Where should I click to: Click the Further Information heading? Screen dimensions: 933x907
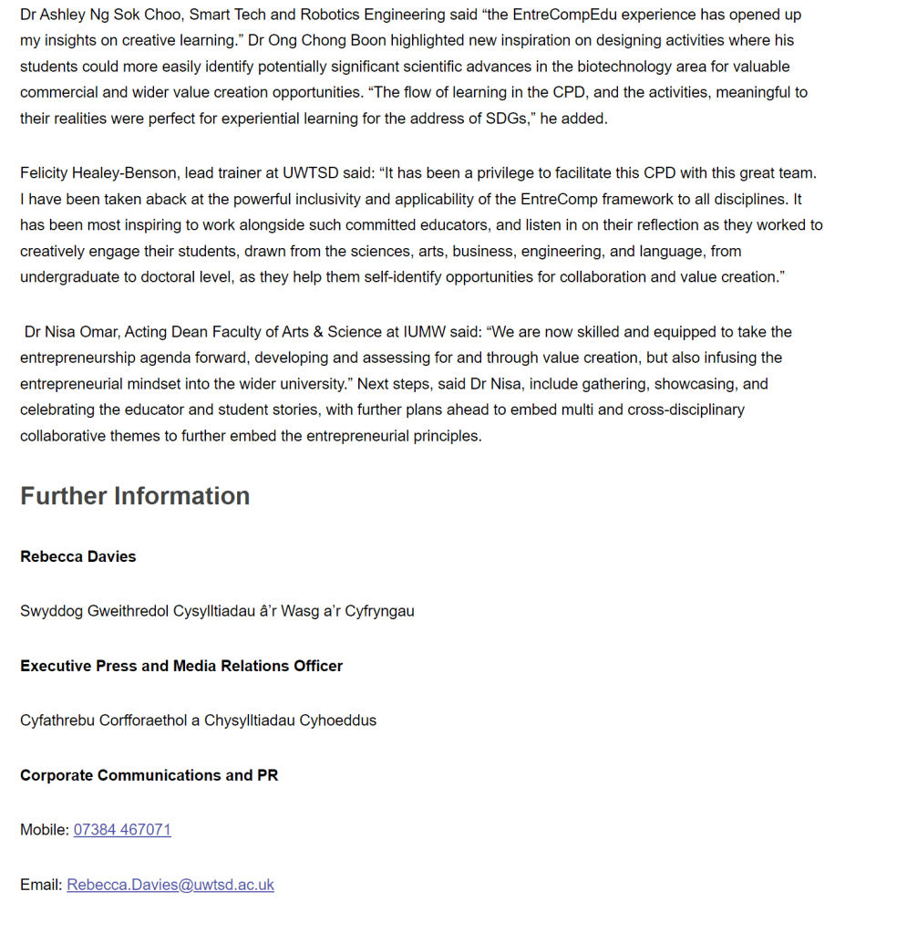tap(135, 496)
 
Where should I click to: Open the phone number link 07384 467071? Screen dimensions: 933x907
tap(122, 830)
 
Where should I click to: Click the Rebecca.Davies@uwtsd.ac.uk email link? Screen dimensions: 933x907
tap(170, 885)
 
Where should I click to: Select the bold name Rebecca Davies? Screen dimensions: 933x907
tap(78, 556)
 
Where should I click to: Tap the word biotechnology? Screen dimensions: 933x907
tap(626, 67)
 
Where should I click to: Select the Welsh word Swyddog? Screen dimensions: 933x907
tap(51, 611)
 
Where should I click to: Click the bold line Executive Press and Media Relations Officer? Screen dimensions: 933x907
tap(181, 666)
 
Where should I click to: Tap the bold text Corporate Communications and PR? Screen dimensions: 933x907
tap(149, 775)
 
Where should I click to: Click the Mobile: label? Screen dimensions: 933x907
tap(45, 830)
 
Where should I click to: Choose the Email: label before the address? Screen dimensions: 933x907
tap(41, 885)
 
